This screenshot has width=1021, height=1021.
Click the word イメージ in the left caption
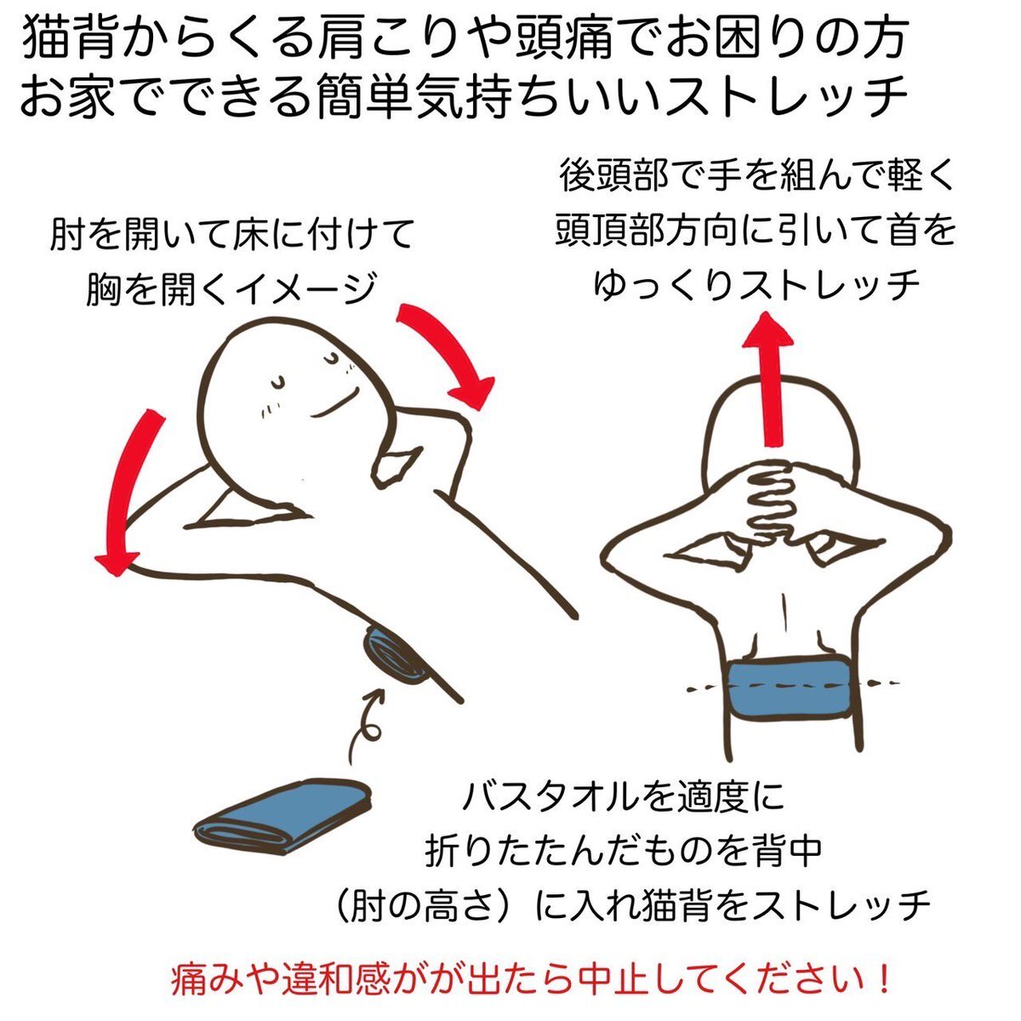pyautogui.click(x=305, y=288)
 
